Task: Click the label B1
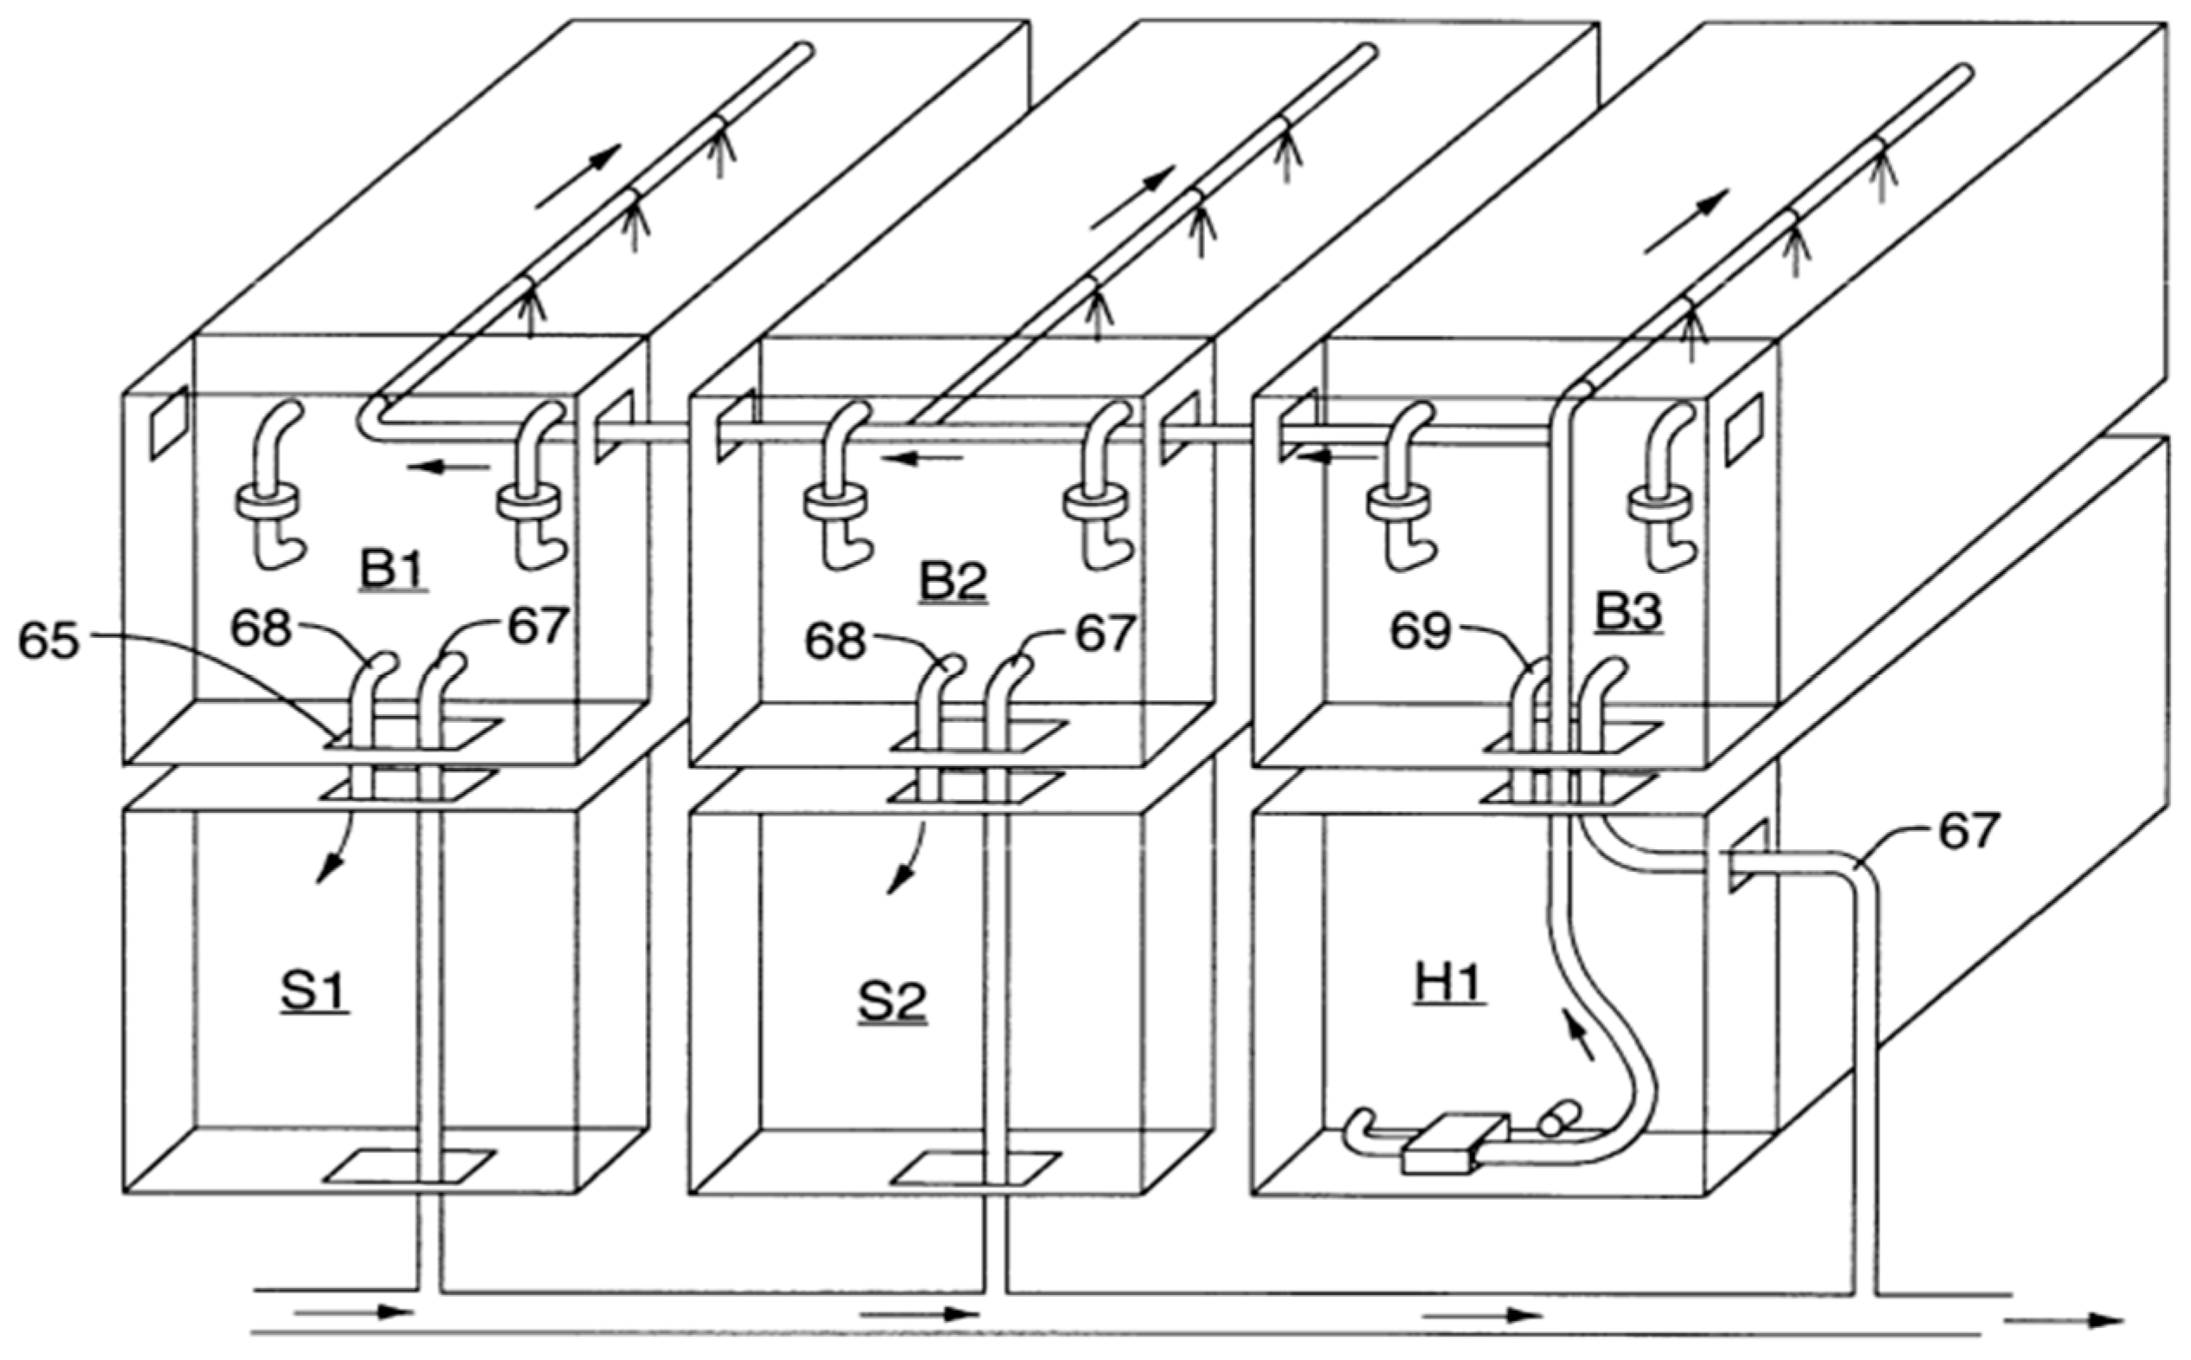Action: tap(393, 569)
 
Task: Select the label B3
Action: tap(1628, 613)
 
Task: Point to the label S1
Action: tap(314, 991)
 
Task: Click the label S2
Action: tap(892, 1001)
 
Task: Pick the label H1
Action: tap(1448, 983)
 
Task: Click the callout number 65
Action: tap(48, 641)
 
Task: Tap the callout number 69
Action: tap(1421, 630)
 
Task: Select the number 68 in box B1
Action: tap(261, 627)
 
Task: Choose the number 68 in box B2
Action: tap(835, 641)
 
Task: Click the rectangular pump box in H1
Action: tap(1454, 1144)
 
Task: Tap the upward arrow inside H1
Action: tap(1581, 1035)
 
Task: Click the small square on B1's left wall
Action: tap(168, 422)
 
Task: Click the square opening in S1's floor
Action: tap(409, 1166)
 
